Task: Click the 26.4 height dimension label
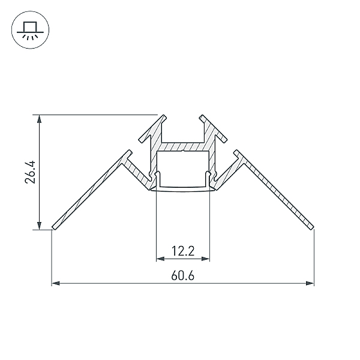(x=30, y=172)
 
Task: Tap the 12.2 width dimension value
(x=183, y=251)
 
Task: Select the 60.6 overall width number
(x=183, y=275)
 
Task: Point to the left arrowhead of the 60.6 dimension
(x=56, y=283)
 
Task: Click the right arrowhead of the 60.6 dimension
(x=310, y=283)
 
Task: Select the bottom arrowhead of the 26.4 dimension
(x=40, y=226)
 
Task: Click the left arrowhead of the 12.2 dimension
(x=160, y=259)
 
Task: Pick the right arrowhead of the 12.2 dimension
(x=206, y=259)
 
